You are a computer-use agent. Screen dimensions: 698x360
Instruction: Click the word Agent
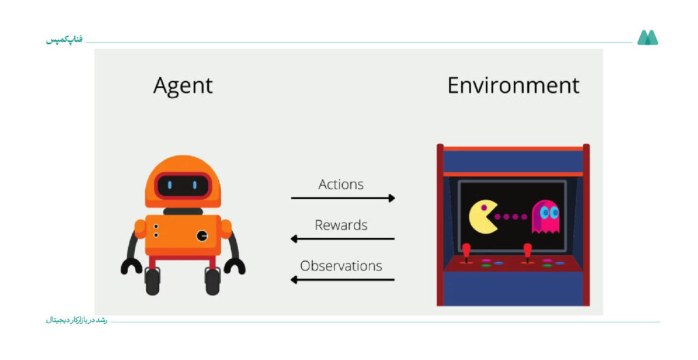[x=183, y=86]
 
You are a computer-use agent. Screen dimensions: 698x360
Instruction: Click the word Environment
[x=513, y=85]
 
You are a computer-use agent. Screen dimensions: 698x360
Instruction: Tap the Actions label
[x=341, y=184]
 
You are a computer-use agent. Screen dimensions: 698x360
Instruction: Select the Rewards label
[x=341, y=225]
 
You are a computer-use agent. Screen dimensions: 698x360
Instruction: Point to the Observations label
[x=341, y=266]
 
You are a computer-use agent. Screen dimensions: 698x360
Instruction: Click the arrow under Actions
[x=343, y=198]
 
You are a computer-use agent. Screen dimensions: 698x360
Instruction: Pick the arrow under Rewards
[x=342, y=239]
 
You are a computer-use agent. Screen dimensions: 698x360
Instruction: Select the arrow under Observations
[x=342, y=280]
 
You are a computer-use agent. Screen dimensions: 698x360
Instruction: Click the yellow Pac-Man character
[x=483, y=217]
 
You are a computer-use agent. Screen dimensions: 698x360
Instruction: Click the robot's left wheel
[x=152, y=281]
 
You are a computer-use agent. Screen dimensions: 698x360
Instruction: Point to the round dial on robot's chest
[x=202, y=236]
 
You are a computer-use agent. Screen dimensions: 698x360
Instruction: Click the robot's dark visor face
[x=183, y=185]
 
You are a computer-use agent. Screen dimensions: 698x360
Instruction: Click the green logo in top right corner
[x=648, y=37]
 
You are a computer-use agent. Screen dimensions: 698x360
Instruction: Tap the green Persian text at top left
[x=64, y=40]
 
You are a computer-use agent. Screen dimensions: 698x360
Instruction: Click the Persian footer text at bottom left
[x=76, y=320]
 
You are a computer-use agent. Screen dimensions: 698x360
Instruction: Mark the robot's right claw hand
[x=234, y=266]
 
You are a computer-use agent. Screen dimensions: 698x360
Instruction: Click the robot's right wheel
[x=213, y=281]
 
